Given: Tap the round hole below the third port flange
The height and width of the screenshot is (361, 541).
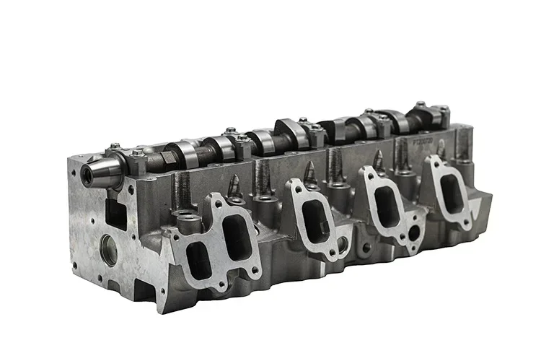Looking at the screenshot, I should [414, 234].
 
